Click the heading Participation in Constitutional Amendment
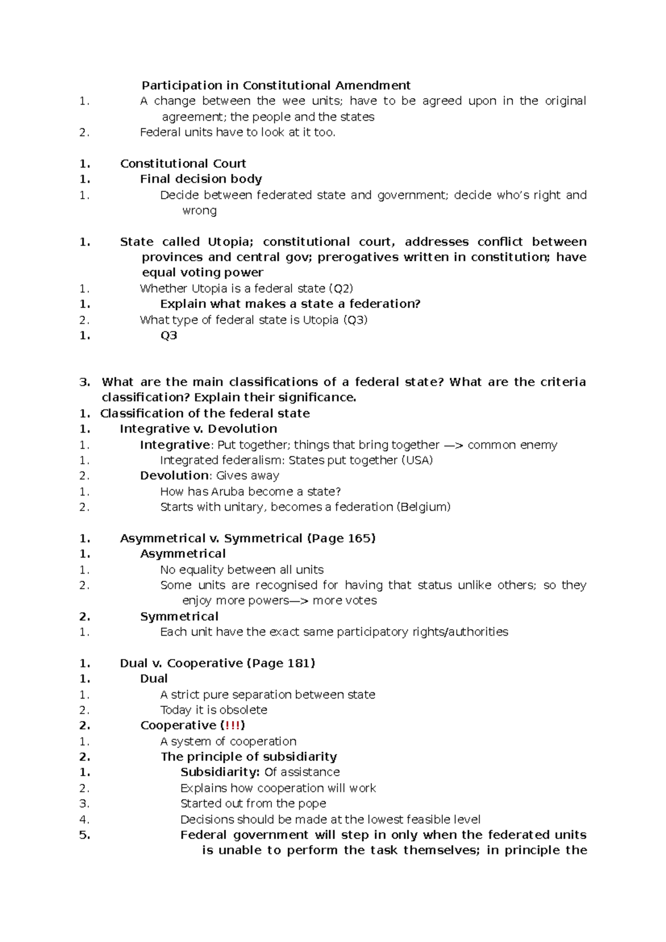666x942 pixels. [276, 85]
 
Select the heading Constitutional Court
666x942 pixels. [183, 164]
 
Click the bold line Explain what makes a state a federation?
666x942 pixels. [290, 304]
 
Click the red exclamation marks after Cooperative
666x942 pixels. [233, 726]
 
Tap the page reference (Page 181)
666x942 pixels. [280, 664]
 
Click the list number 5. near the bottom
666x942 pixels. [84, 835]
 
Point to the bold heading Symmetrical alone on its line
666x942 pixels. [179, 617]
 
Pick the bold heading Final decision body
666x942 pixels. [201, 179]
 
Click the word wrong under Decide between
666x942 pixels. [199, 211]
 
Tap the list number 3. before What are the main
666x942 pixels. [84, 382]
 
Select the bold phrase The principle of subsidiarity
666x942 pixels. [249, 757]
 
